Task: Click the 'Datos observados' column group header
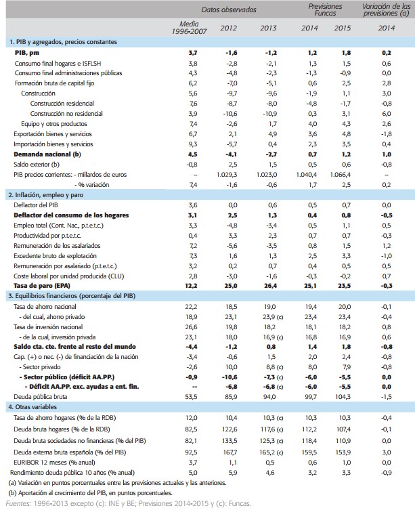pos(228,9)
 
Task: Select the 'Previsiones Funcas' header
pos(325,9)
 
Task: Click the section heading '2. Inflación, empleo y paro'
pos(51,194)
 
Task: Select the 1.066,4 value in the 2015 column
pos(339,175)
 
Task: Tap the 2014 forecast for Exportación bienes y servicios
pos(310,134)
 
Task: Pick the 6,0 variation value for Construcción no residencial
pos(387,114)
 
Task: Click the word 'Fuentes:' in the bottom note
pos(17,503)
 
